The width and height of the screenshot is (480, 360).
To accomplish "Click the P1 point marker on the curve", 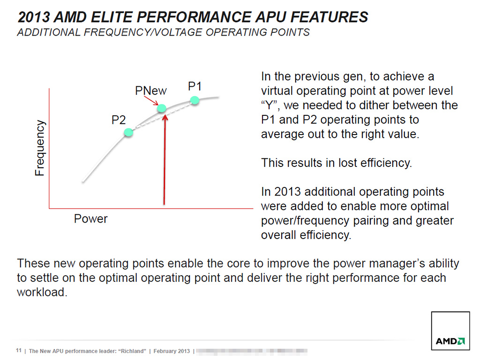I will (195, 100).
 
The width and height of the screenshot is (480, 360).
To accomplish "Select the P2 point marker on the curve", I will (128, 133).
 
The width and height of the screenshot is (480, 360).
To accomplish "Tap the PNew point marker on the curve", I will (161, 108).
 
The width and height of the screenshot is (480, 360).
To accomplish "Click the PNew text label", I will (150, 90).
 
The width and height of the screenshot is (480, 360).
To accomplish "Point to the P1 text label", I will (195, 86).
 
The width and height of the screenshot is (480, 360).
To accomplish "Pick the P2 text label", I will (119, 120).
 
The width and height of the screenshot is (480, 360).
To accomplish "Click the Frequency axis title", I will (40, 148).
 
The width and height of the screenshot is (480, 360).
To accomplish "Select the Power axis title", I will (90, 218).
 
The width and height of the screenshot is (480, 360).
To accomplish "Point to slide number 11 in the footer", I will (19, 351).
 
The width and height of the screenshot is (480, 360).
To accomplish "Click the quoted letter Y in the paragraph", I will (269, 105).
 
